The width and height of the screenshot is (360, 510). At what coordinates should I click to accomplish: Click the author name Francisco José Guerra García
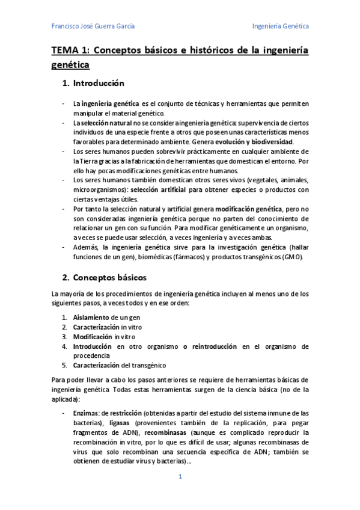(x=93, y=26)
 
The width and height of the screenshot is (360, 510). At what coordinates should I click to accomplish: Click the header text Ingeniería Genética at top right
(x=280, y=26)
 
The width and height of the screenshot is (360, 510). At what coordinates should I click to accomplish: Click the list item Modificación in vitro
(x=100, y=336)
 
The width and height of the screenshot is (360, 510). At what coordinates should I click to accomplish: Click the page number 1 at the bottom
(x=180, y=477)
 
